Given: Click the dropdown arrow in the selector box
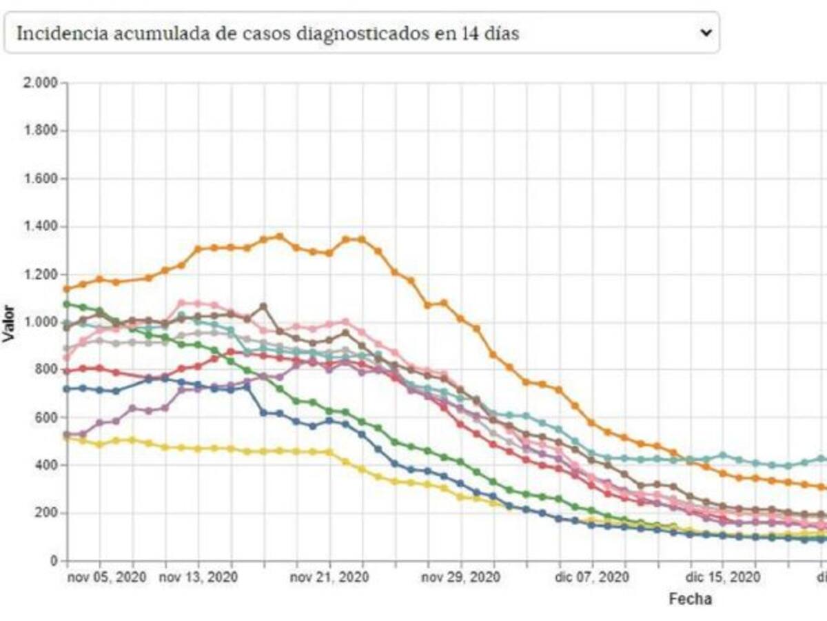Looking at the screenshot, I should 704,32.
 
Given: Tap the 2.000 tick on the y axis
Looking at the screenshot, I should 41,83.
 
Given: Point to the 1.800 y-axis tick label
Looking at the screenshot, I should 41,131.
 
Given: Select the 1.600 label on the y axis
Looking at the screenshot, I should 41,179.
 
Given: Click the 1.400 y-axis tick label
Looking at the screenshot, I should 41,227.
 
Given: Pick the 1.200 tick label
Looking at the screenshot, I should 41,275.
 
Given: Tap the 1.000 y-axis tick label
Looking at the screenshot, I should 41,322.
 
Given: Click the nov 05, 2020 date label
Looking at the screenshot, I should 108,576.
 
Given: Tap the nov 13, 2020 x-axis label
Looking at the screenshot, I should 198,576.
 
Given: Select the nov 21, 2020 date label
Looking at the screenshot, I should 329,576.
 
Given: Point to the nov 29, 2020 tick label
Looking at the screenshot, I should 460,576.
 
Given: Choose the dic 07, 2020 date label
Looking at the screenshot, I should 591,576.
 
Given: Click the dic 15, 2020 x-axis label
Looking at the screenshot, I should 723,576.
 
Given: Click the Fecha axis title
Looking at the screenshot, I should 690,599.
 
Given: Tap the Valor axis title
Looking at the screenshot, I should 9,322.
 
